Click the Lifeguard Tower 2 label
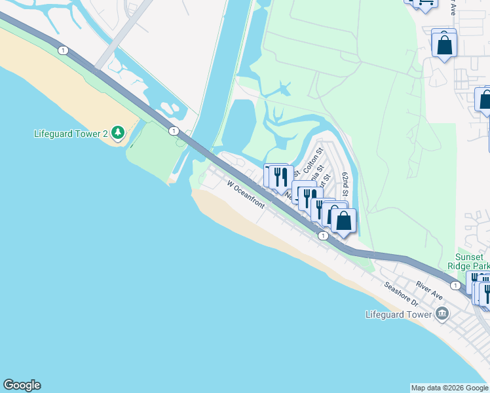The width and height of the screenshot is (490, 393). (x=71, y=134)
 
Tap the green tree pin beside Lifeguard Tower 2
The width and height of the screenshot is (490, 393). (x=118, y=134)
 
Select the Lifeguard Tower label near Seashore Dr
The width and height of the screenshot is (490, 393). (x=398, y=314)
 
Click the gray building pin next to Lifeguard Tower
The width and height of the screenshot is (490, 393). (x=442, y=314)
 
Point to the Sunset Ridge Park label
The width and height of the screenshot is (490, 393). (x=472, y=262)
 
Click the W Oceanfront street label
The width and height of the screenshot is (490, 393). (x=246, y=195)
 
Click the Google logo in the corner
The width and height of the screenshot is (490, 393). (x=22, y=385)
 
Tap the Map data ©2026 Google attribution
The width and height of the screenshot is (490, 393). (x=449, y=388)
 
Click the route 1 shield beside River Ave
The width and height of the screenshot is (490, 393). (x=455, y=285)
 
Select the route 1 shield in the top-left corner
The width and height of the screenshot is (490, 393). (x=62, y=50)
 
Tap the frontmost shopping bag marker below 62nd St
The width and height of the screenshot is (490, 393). (x=343, y=221)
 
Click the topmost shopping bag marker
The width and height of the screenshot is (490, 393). (x=444, y=45)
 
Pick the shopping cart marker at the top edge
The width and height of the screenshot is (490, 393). (x=424, y=3)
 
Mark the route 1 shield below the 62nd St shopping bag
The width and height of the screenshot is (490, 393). (x=323, y=235)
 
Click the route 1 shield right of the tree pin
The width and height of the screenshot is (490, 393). (x=173, y=131)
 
